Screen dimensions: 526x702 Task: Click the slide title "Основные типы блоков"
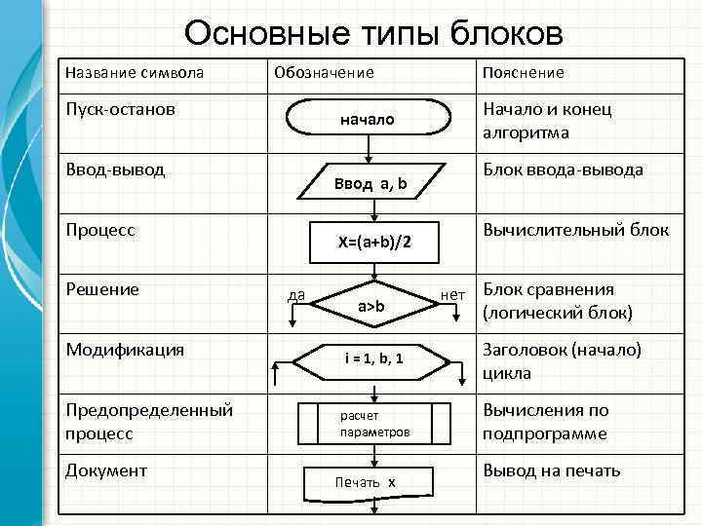click(x=373, y=33)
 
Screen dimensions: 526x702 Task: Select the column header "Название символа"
click(x=134, y=73)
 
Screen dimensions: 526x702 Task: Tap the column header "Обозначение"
click(x=324, y=73)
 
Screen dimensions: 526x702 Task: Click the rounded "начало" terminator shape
click(x=367, y=120)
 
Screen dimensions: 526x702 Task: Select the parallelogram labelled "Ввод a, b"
click(x=370, y=182)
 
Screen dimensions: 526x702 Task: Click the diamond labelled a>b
click(x=370, y=307)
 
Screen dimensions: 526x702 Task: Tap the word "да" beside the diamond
click(x=296, y=294)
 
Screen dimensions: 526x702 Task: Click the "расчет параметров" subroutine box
click(x=374, y=423)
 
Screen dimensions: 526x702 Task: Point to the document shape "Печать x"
click(x=366, y=482)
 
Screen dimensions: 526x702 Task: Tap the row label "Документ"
click(x=106, y=470)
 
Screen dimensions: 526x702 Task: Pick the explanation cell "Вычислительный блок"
click(x=575, y=230)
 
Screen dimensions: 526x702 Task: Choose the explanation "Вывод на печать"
click(x=551, y=470)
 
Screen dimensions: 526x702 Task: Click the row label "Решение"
click(x=102, y=289)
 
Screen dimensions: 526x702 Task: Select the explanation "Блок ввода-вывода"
click(x=563, y=169)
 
